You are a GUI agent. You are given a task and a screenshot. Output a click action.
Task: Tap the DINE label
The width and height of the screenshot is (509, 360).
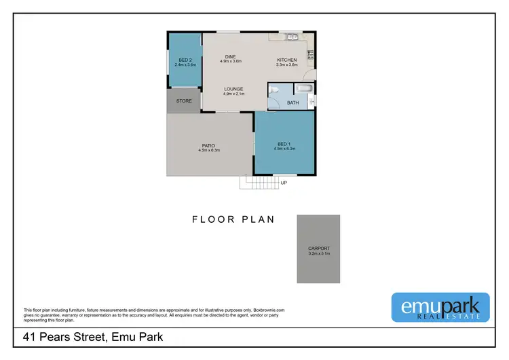tap(231, 56)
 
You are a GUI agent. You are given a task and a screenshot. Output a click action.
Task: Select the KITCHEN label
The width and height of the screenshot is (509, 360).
tap(286, 60)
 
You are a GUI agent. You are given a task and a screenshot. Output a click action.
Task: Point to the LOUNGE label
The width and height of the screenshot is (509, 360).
tap(234, 89)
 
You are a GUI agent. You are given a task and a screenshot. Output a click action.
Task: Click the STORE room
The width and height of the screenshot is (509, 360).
tap(184, 101)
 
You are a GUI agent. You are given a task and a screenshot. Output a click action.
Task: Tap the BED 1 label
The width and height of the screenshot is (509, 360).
tap(284, 143)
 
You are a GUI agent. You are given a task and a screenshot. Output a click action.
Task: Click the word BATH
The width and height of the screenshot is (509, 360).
tap(293, 103)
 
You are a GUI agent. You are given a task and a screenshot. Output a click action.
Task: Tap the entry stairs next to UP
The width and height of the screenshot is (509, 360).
tap(259, 183)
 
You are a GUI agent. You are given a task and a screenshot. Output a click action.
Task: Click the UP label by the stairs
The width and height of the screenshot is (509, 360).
tap(284, 183)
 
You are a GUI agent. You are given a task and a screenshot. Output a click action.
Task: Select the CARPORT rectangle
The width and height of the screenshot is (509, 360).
tap(318, 249)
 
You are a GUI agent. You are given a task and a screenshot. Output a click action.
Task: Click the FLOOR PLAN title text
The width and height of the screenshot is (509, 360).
tap(233, 219)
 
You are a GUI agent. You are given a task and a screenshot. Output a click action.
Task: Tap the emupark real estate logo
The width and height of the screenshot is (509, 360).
tap(440, 306)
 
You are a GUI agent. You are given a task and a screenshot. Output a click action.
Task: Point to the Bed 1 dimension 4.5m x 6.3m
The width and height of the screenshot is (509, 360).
tap(284, 148)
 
